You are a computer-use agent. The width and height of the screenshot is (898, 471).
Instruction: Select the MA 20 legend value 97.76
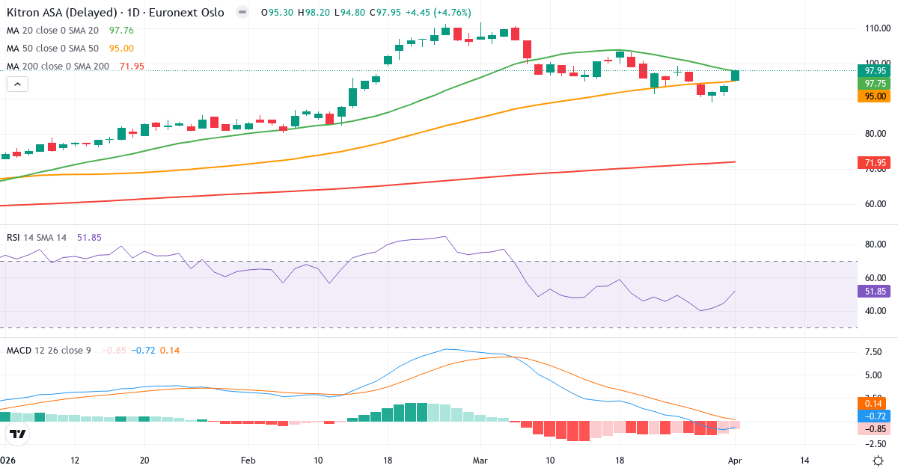pos(121,31)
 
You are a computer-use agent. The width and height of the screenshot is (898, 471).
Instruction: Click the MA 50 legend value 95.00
pos(121,49)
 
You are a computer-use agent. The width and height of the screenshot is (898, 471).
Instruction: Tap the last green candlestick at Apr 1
pos(735,75)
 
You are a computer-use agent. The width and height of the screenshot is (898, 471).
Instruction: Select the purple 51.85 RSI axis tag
pos(875,292)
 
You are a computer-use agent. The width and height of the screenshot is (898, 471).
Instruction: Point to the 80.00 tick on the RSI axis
pos(876,244)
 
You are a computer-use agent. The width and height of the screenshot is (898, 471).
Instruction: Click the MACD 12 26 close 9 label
pos(49,350)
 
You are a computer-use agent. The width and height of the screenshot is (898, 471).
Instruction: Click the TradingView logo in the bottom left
pos(18,434)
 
